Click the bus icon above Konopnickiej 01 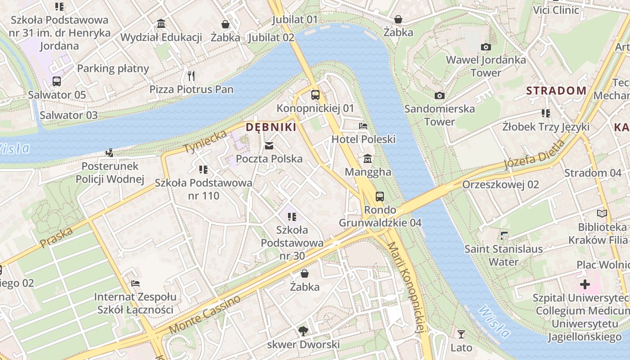pos(315,95)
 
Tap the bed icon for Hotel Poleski pos(363,126)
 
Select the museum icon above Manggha pos(368,159)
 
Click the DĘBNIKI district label pos(271,127)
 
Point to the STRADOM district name pos(556,90)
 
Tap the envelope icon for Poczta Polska pos(269,145)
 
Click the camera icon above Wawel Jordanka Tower pos(486,47)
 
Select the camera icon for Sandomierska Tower pos(440,95)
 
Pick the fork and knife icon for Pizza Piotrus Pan pos(191,76)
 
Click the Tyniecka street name pos(205,141)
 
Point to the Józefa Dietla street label pos(534,155)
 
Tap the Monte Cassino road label pos(205,315)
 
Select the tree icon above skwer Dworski pos(303,332)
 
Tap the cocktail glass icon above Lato pos(461,334)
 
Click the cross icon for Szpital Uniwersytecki pos(585,284)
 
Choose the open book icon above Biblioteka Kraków pos(602,214)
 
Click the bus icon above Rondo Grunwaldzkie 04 pos(380,196)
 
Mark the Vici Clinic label pos(556,10)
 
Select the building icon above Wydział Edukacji pos(161,23)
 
